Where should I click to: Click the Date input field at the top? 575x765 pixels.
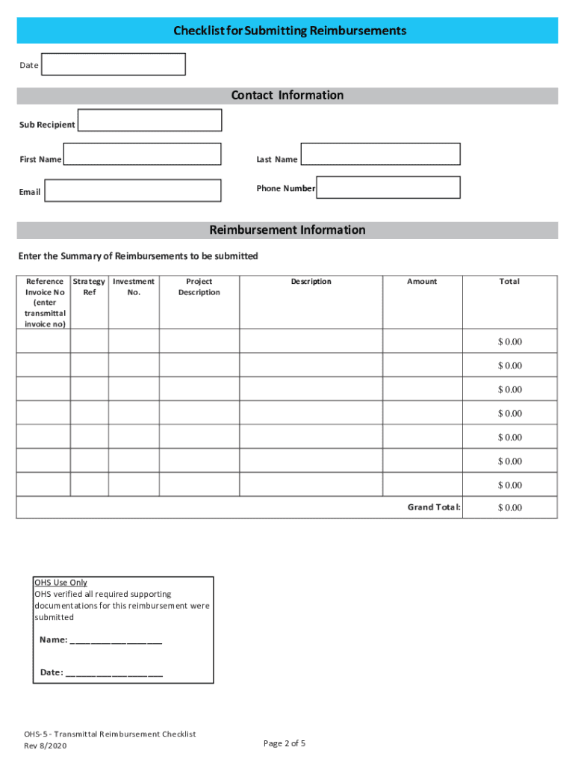click(113, 64)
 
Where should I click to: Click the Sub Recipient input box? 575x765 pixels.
click(149, 120)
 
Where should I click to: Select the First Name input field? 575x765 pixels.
click(142, 154)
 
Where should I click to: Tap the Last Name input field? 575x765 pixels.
click(380, 154)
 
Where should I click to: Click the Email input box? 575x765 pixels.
click(133, 191)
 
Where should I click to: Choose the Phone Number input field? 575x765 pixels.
click(388, 188)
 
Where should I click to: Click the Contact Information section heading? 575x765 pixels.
click(287, 96)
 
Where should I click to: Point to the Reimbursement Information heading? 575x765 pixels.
click(287, 230)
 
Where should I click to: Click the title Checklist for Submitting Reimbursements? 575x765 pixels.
click(290, 31)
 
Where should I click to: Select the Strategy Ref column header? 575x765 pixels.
click(90, 287)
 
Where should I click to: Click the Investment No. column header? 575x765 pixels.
click(134, 287)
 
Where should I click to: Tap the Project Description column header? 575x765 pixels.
click(199, 287)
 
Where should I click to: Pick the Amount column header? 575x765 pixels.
click(422, 282)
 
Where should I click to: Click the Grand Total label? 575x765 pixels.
click(434, 507)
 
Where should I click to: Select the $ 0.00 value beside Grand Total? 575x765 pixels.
click(510, 508)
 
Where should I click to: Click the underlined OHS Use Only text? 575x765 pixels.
click(60, 583)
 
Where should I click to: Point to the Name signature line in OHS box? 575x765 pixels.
click(116, 640)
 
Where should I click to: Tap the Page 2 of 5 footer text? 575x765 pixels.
click(285, 743)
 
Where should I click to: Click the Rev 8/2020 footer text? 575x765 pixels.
click(46, 746)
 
